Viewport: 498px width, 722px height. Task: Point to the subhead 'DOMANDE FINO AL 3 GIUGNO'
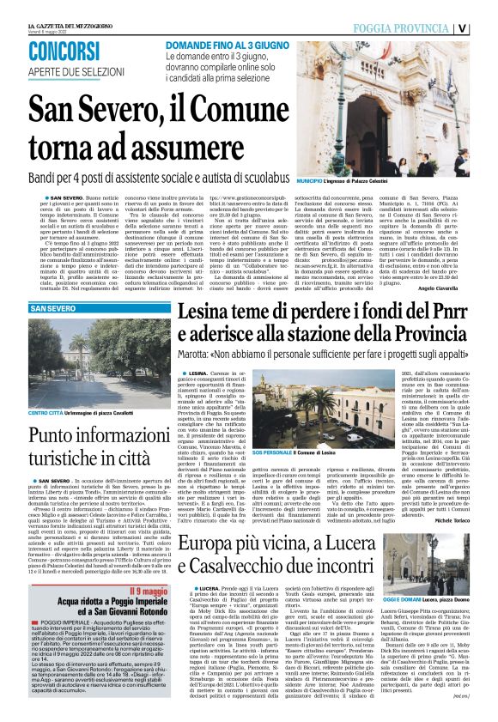[224, 42]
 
